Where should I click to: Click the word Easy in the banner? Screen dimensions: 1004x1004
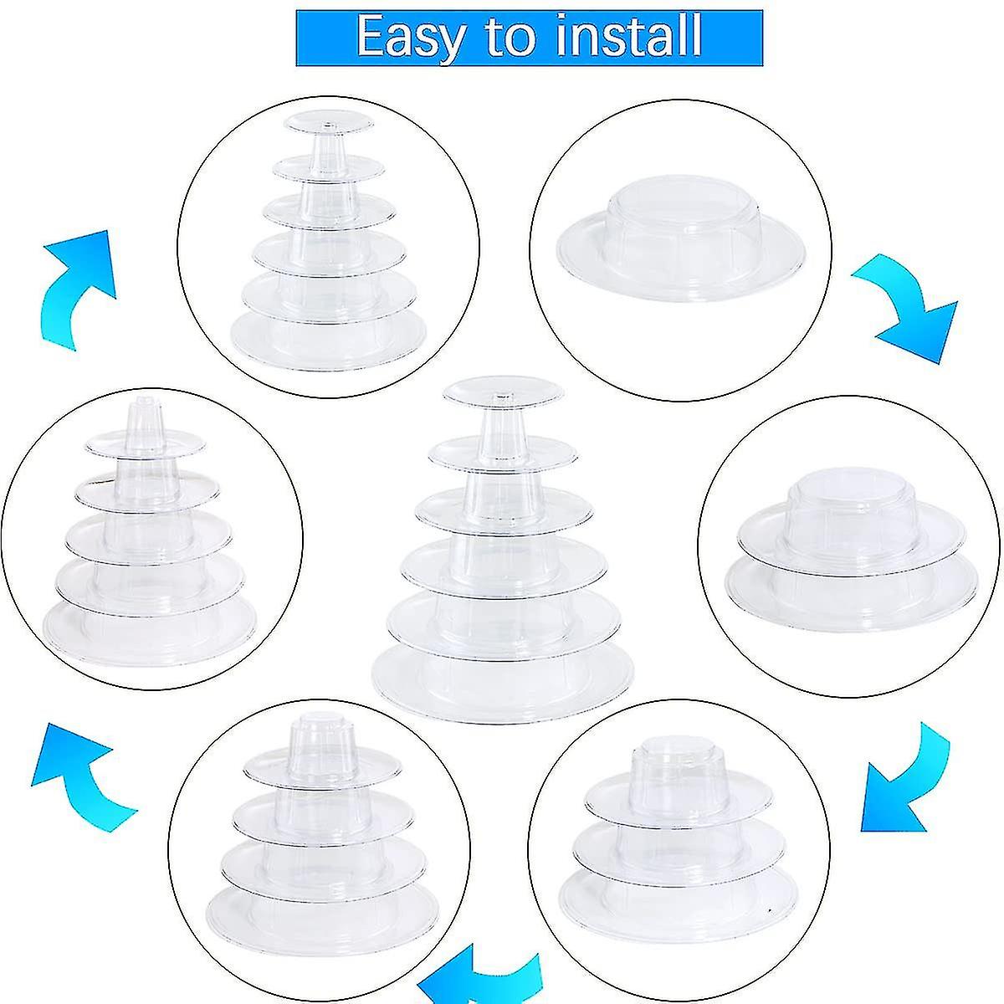point(411,38)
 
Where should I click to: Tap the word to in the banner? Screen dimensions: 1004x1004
point(510,38)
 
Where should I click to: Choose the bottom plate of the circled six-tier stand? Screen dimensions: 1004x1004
point(329,341)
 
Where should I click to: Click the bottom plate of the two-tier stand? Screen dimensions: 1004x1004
point(852,589)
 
